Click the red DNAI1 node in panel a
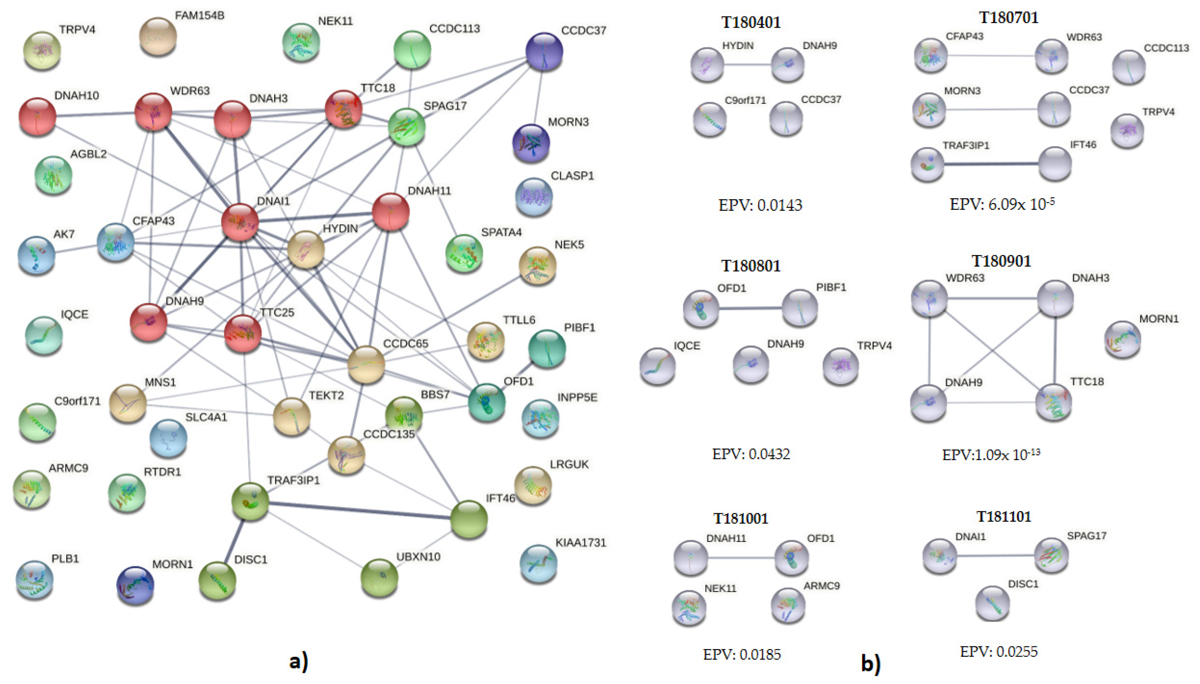240,222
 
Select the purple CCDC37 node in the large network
544,51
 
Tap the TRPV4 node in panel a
42,50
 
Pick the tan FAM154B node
158,36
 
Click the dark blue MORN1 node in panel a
135,585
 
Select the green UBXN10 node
379,577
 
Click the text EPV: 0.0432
750,454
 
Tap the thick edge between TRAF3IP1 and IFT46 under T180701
991,164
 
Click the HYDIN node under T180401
707,65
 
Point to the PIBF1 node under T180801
800,308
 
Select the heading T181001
740,519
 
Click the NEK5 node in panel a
537,265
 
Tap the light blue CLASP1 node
533,196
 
